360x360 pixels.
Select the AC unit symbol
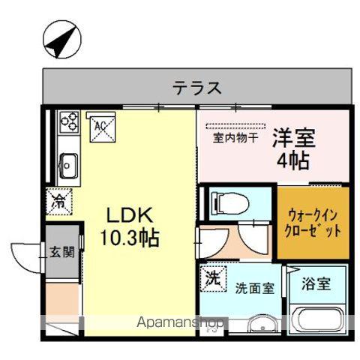click(x=100, y=127)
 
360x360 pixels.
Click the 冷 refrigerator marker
click(x=58, y=200)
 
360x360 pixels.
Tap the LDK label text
click(x=128, y=215)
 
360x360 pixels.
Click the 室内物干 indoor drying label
click(x=235, y=137)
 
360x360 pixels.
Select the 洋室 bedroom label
click(x=293, y=138)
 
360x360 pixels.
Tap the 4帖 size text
click(x=293, y=160)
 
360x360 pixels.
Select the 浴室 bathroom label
click(x=316, y=286)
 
